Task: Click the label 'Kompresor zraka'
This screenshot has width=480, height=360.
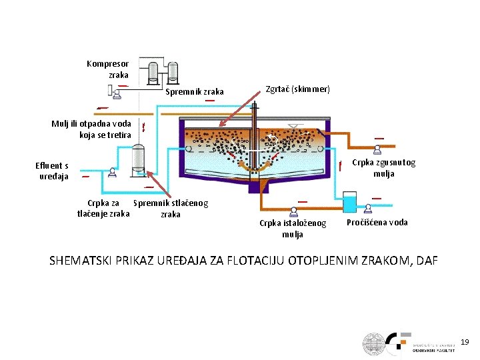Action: (x=107, y=70)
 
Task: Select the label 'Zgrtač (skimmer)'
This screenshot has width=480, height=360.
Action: (x=297, y=89)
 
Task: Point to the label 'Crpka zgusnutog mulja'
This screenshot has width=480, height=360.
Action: (x=383, y=168)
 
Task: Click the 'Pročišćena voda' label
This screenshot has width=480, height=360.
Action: (x=377, y=223)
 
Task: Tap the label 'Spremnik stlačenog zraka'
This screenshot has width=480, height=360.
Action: (x=171, y=209)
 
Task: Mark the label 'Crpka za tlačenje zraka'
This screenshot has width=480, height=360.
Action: (x=103, y=209)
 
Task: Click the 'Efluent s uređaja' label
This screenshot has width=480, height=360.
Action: (x=52, y=171)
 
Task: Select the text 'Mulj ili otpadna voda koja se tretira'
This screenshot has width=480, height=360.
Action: (x=91, y=129)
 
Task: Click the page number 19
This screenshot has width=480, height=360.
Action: (x=465, y=342)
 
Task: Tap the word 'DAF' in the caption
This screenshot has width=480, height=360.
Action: (x=427, y=260)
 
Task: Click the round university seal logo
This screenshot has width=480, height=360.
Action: (x=375, y=343)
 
